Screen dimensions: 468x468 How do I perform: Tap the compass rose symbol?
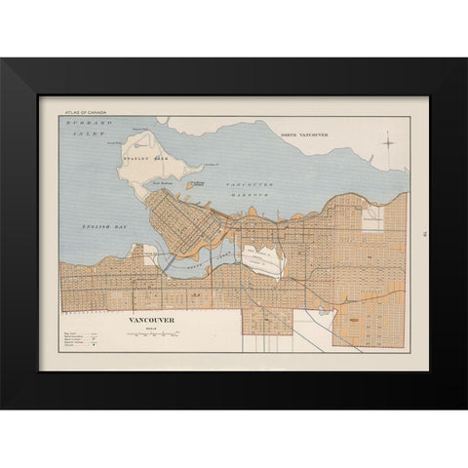click(x=388, y=143)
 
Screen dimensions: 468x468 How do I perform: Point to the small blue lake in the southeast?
click(x=323, y=312)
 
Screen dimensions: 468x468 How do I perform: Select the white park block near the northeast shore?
click(x=371, y=218)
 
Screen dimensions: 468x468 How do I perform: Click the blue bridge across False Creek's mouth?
click(x=165, y=261)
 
